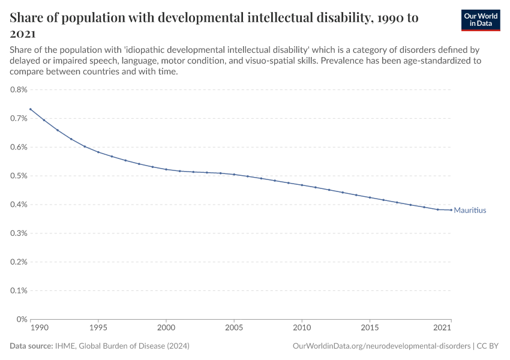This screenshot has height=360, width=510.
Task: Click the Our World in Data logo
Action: click(x=480, y=20)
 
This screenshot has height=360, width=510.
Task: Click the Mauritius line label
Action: click(x=470, y=211)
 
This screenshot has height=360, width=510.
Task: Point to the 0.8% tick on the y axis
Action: click(x=19, y=90)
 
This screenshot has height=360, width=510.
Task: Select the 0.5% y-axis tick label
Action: click(x=19, y=176)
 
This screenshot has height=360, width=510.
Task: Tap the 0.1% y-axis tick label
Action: click(x=19, y=290)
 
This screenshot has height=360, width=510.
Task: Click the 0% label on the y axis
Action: click(x=22, y=319)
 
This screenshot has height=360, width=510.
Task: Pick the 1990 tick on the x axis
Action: click(x=39, y=328)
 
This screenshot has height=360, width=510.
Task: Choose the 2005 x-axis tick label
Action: click(x=234, y=328)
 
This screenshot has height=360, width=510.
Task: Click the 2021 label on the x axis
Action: click(x=442, y=328)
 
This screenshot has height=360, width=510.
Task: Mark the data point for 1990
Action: click(x=31, y=109)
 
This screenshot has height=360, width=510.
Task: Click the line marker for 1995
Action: click(x=98, y=152)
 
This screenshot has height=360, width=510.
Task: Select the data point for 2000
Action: click(x=166, y=169)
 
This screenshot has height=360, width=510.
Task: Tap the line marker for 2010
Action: click(x=302, y=185)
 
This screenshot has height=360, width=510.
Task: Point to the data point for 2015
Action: click(x=370, y=197)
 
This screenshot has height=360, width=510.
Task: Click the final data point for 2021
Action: click(x=451, y=210)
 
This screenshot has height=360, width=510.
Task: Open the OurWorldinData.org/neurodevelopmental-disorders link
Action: click(x=382, y=346)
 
